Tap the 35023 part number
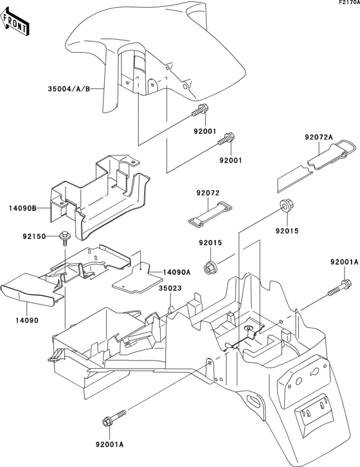point(170,288)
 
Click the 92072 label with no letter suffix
point(209,192)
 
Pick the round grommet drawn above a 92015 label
point(284,207)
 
